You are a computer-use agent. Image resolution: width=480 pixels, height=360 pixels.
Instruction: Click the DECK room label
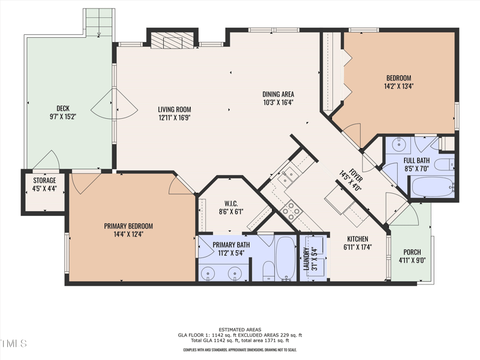pos(63,109)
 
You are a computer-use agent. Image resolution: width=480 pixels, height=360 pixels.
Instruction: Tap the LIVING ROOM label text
pos(174,109)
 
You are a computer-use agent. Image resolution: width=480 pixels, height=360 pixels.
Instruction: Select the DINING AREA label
pos(278,94)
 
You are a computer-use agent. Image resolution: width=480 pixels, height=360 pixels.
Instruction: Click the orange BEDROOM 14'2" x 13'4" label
pos(398,78)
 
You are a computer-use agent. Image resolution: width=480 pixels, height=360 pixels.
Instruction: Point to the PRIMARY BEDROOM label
pos(128,226)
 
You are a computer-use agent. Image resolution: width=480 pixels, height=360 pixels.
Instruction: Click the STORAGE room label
pos(44,181)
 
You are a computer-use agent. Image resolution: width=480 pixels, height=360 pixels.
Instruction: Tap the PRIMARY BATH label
pos(231,245)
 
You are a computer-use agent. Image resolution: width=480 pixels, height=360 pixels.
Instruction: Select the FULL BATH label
pos(416,161)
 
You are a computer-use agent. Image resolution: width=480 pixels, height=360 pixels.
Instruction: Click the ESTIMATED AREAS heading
pos(240,329)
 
